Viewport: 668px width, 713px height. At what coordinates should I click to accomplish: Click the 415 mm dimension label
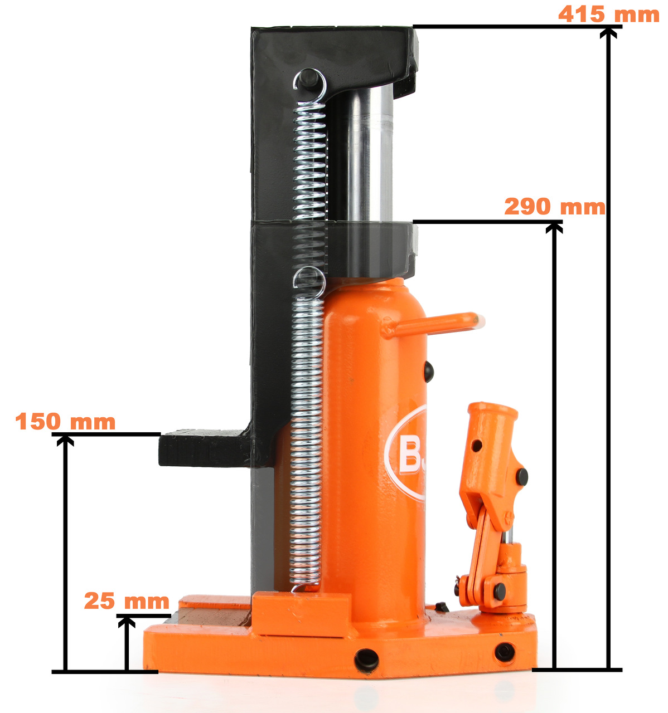pos(608,14)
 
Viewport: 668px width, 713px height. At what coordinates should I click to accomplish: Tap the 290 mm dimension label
pos(554,207)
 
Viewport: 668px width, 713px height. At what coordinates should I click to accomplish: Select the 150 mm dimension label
pos(65,421)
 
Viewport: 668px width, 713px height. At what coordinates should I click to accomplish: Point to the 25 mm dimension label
pos(127,601)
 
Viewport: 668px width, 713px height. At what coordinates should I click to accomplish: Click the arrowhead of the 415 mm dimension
pos(608,33)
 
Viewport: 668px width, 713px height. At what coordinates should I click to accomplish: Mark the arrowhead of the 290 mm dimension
pos(554,228)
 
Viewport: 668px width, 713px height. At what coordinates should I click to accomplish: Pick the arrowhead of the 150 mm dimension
pos(65,441)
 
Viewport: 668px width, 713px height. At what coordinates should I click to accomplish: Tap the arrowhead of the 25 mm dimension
pos(127,622)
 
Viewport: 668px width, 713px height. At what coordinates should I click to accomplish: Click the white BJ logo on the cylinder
pos(405,453)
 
